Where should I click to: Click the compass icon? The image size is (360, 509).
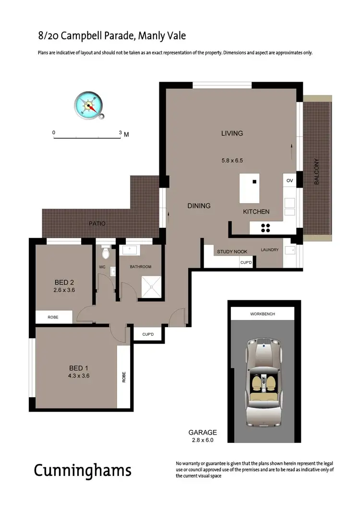89,105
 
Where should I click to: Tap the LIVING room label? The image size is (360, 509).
232,133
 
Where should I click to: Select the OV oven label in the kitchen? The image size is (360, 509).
289,180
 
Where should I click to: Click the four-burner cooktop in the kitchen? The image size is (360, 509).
265,228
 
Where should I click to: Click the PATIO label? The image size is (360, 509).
96,224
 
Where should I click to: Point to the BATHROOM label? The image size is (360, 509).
141,267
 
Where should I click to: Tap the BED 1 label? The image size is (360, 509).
79,368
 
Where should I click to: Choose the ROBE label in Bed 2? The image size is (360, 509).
53,317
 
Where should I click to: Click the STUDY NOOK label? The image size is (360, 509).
231,251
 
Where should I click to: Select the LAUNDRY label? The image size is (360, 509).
269,250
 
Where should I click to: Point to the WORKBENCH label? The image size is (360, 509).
263,315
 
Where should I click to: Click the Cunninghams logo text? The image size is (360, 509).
83,470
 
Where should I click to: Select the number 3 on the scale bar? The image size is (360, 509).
120,132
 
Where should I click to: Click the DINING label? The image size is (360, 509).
199,206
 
